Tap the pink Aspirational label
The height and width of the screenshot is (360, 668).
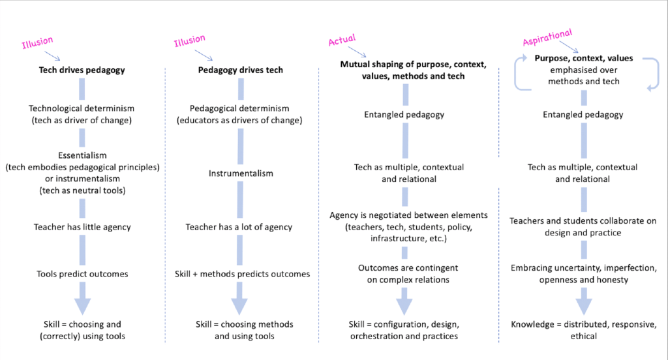[547, 37]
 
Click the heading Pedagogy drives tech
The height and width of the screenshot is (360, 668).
[241, 69]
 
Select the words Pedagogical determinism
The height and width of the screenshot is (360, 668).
[241, 108]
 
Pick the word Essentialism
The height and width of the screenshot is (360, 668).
[82, 157]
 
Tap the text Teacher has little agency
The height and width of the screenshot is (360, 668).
[82, 227]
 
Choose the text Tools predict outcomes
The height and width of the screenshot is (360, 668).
[82, 274]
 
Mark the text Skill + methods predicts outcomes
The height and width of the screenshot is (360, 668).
[242, 274]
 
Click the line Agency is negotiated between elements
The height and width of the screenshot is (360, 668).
[402, 215]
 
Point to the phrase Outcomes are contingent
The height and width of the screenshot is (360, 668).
[402, 268]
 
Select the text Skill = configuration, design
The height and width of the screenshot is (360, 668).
[402, 324]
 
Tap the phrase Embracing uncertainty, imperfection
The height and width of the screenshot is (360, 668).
[583, 268]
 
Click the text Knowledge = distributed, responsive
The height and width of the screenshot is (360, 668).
[583, 324]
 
